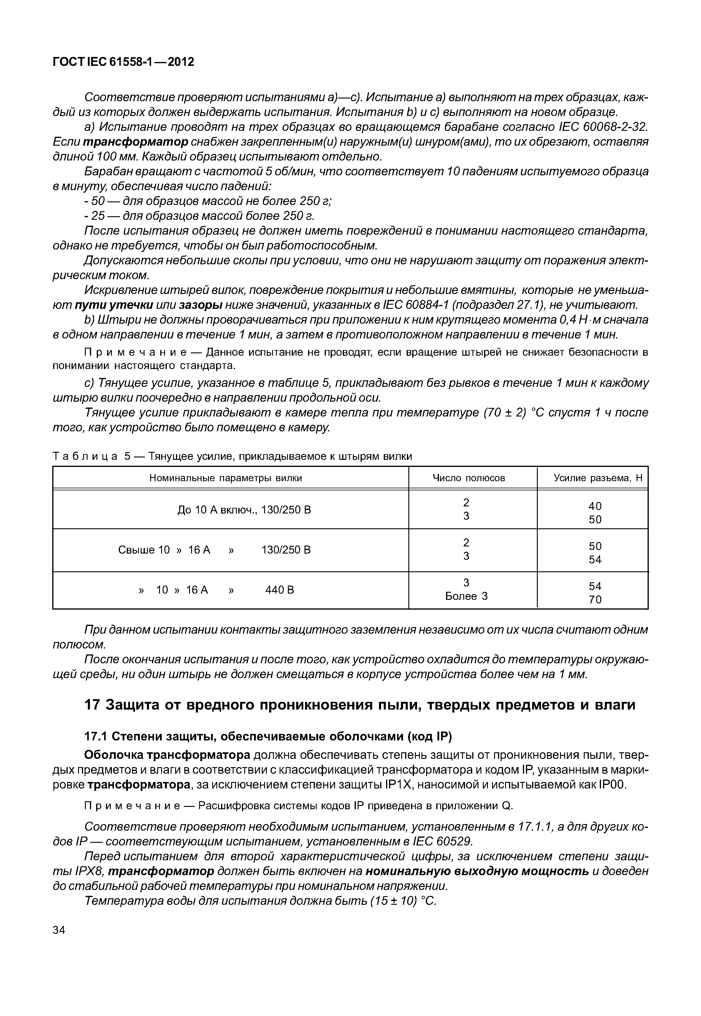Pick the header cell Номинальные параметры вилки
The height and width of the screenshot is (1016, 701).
coord(226,478)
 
